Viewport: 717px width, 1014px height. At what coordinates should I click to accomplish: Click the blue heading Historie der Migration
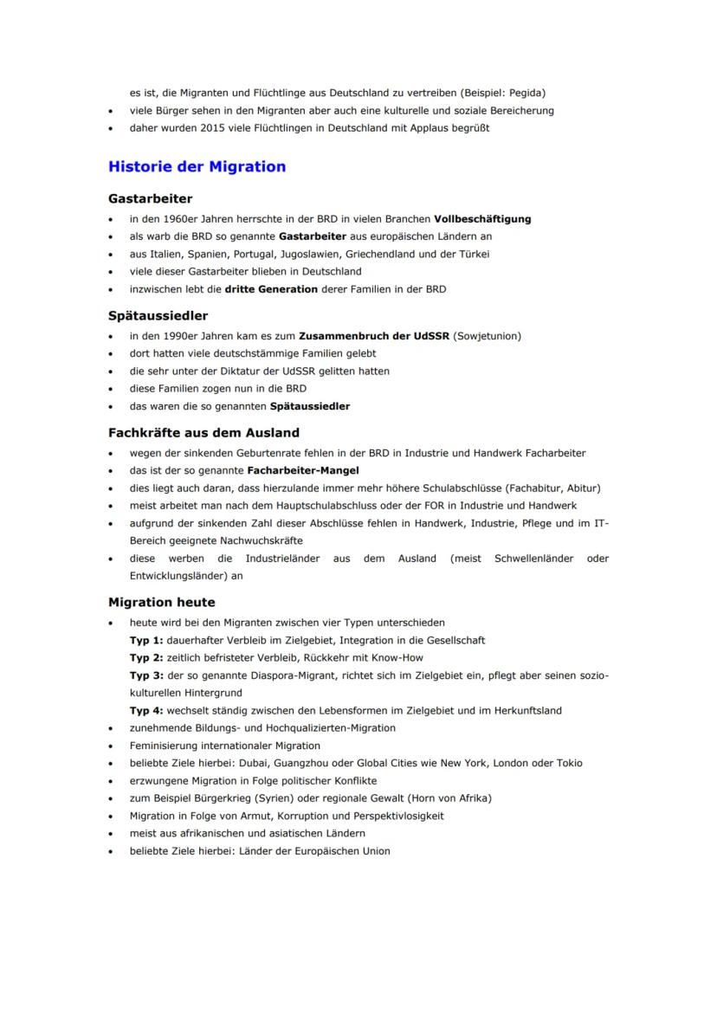point(197,166)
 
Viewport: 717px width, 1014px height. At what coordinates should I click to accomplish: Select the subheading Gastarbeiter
point(150,198)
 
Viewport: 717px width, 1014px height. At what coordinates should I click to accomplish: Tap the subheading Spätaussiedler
point(158,315)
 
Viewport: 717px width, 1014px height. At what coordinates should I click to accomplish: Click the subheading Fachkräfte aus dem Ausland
point(203,432)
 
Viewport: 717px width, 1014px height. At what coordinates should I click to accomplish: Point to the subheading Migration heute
point(161,602)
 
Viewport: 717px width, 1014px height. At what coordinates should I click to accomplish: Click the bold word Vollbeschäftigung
point(482,219)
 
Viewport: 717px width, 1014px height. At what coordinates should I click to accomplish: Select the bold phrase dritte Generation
point(271,289)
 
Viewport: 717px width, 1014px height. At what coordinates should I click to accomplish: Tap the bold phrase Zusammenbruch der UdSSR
point(374,336)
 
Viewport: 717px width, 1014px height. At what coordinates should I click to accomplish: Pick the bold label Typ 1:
point(146,641)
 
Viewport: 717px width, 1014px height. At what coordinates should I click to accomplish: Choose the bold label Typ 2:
point(146,658)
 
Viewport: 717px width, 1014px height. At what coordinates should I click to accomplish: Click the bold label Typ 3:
point(146,675)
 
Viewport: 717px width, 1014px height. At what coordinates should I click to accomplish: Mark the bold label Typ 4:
point(146,711)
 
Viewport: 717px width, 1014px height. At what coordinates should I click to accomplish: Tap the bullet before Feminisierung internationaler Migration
point(111,746)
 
